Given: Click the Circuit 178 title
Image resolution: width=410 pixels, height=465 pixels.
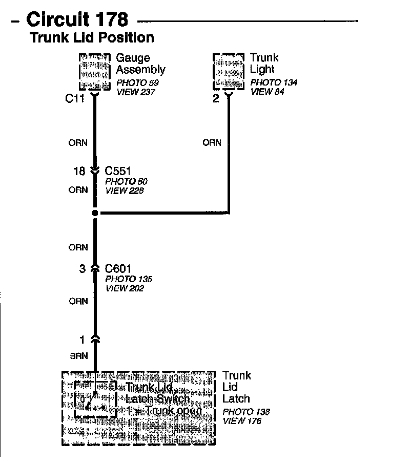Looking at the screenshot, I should pos(77,19).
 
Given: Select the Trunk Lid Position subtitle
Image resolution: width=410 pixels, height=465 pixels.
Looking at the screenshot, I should pos(92,37).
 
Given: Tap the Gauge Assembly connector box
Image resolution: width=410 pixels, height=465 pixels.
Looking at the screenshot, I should pos(95,71).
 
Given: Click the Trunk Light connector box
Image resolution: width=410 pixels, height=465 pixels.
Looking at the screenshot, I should pos(229,71).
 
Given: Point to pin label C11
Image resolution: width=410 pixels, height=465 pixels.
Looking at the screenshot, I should pos(75,99).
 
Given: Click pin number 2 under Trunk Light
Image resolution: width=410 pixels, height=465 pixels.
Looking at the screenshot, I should pos(216,99).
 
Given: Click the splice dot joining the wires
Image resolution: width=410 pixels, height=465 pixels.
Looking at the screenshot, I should pos(95,213).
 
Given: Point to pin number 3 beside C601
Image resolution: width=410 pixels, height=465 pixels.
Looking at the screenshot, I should pos(82,268).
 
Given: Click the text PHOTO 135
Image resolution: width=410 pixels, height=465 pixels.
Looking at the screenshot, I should pos(129,279).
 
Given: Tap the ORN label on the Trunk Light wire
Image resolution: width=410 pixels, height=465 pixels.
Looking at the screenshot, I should pos(212,143).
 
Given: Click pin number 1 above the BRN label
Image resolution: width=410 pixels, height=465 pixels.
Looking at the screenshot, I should pos(82,339).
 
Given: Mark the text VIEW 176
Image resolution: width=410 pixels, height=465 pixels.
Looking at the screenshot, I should pos(242,421).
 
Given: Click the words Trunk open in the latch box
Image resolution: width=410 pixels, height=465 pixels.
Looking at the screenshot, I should pos(173,411).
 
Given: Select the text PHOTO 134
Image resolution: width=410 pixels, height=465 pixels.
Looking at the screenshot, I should pos(274,82).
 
